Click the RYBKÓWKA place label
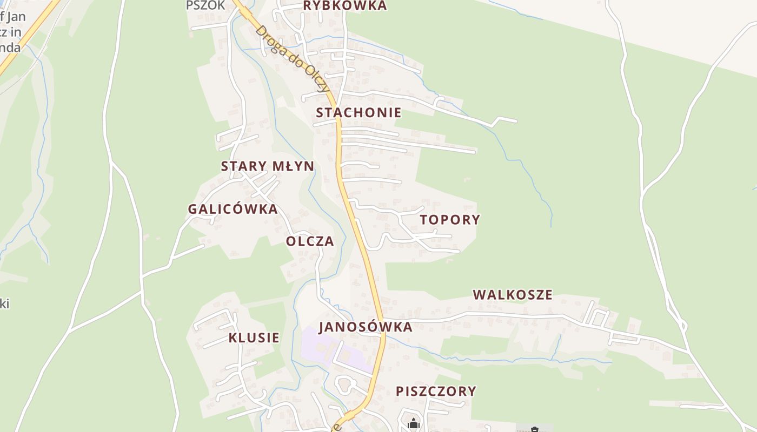(x=345, y=6)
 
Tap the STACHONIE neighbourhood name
(x=358, y=112)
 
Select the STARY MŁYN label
(x=267, y=166)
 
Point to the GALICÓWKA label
(x=233, y=209)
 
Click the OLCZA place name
(x=310, y=241)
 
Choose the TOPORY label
(x=450, y=220)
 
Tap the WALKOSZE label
(x=513, y=295)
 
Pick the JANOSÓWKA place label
(x=366, y=327)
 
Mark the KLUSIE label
(x=254, y=338)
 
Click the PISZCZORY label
(x=436, y=391)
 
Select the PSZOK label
(x=205, y=5)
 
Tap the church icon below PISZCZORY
(x=414, y=423)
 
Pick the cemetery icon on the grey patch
(x=534, y=429)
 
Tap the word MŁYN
(x=293, y=166)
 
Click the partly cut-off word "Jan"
(x=16, y=17)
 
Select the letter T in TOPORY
(x=424, y=220)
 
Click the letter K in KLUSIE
(x=233, y=338)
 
